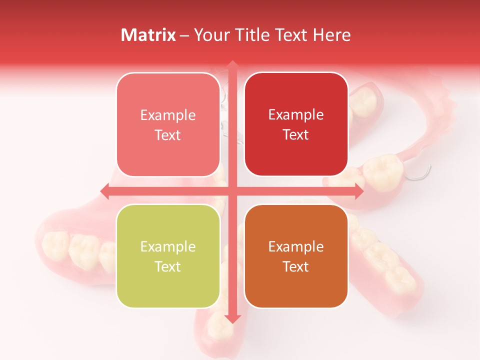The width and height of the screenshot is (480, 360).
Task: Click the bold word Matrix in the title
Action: pyautogui.click(x=148, y=35)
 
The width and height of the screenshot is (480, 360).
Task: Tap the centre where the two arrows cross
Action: pyautogui.click(x=232, y=191)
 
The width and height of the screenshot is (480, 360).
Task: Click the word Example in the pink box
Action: pyautogui.click(x=168, y=115)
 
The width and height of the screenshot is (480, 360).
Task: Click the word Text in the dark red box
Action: pyautogui.click(x=296, y=135)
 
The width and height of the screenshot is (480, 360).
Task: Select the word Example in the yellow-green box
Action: pyautogui.click(x=168, y=247)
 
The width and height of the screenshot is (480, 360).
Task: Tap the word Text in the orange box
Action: pyautogui.click(x=296, y=267)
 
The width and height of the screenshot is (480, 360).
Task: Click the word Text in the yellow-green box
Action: pyautogui.click(x=168, y=267)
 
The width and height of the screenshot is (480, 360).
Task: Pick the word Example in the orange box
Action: pyautogui.click(x=296, y=247)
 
